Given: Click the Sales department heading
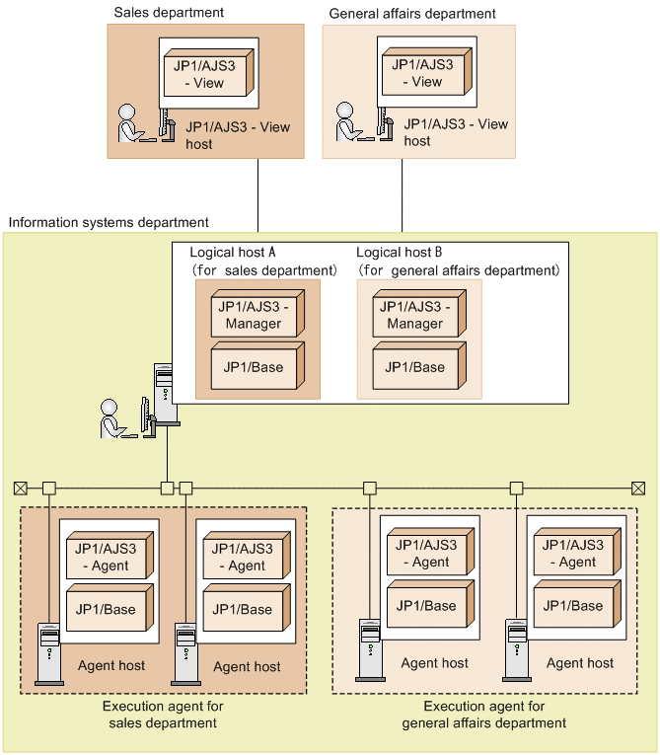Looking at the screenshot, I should (169, 13).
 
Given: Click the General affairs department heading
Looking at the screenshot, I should (411, 14).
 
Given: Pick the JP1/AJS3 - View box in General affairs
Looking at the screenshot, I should (423, 73).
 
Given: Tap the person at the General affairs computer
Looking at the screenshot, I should (347, 123).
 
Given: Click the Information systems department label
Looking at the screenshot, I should (109, 223).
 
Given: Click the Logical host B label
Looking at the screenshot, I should (399, 253).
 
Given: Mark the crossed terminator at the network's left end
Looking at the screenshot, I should (21, 488).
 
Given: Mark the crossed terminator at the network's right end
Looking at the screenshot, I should (638, 488).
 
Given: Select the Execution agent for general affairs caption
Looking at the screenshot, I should (483, 715).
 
